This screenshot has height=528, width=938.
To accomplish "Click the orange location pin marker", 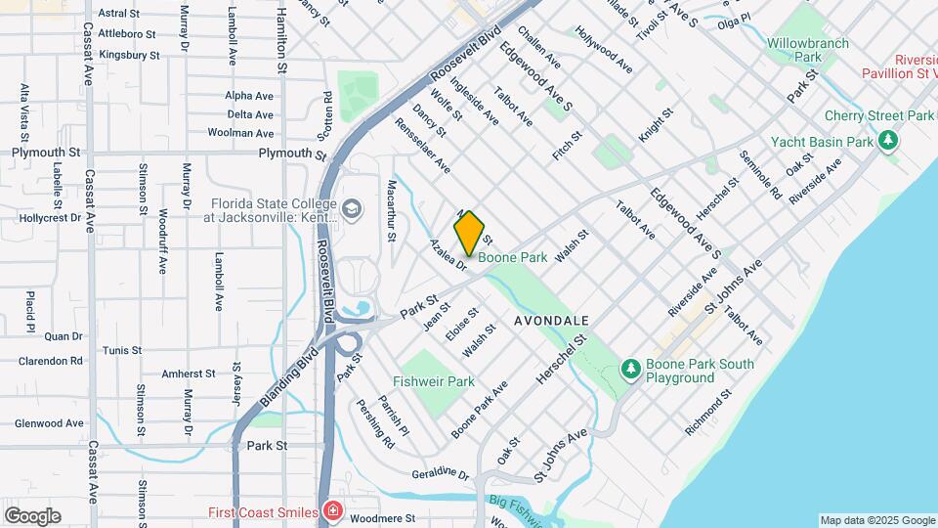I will pos(470,233).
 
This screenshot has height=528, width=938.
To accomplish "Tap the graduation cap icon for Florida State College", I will pos(351,208).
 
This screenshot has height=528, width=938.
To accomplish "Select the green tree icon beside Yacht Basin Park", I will pos(887,142).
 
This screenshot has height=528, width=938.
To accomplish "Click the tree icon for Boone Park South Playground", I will pos(631,369).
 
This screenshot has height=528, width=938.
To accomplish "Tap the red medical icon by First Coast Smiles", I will pos(333,511).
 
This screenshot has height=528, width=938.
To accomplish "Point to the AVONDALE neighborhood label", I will pos(551,321).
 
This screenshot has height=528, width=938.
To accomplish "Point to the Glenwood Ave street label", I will pos(49,423).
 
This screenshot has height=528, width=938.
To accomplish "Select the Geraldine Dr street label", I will pos(440,472).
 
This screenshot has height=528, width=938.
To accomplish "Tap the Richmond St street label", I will pos(708,413).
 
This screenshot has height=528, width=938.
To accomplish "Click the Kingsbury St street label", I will pos(129,56).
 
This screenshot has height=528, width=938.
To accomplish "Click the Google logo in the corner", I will pos(32,515).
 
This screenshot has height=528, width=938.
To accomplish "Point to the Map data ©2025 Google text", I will pos(876,520).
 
